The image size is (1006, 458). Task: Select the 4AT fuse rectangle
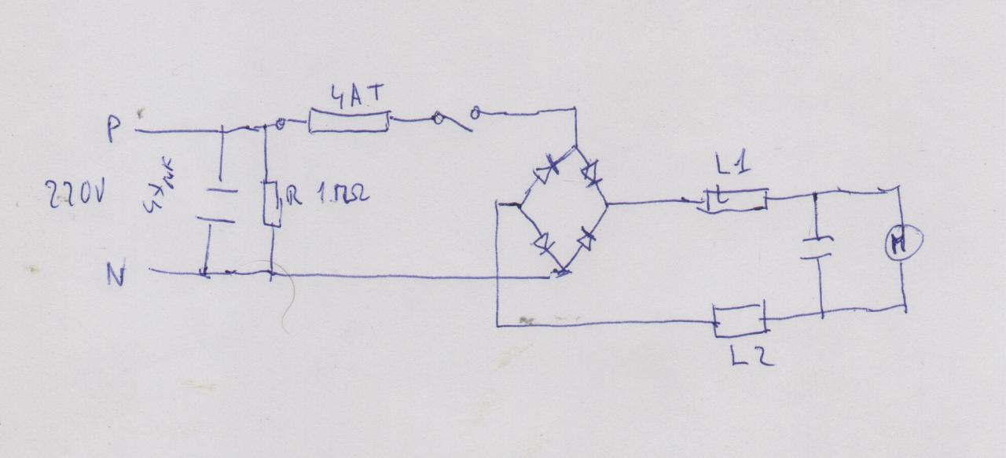[x=349, y=121]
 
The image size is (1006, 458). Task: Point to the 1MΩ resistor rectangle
[x=272, y=203]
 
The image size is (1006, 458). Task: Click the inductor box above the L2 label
[x=740, y=321]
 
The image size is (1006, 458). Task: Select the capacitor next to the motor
[x=817, y=247]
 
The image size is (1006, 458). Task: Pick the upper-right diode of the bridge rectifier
[x=592, y=170]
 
